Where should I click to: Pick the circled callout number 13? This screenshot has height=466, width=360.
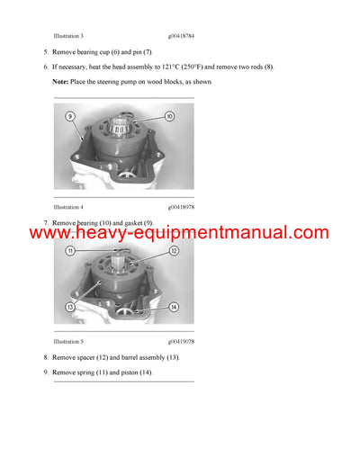[70, 306]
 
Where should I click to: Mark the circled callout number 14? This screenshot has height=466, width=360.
[173, 307]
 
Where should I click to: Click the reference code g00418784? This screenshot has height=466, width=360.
[181, 36]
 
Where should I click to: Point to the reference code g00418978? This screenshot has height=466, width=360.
[181, 207]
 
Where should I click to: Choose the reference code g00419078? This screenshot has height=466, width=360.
[181, 342]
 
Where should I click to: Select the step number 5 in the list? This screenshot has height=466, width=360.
[46, 53]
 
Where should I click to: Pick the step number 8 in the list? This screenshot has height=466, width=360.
[46, 357]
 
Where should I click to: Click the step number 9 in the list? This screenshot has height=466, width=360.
[46, 372]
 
